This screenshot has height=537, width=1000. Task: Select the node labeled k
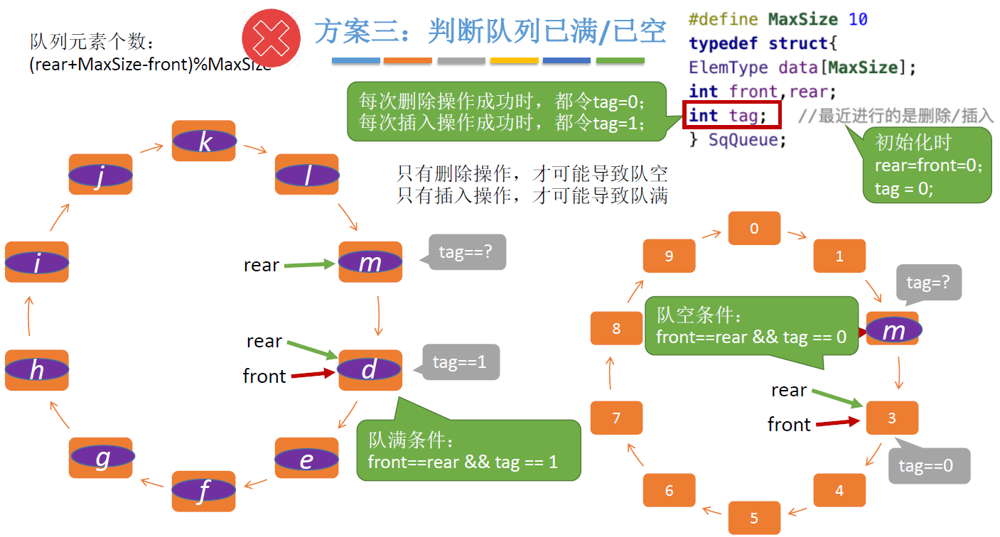[204, 141]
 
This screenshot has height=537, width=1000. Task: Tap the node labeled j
[100, 175]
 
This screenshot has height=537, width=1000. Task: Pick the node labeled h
[37, 370]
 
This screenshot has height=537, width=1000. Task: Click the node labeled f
[203, 491]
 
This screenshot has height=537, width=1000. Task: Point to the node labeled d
[370, 370]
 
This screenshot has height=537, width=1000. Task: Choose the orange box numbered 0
[754, 229]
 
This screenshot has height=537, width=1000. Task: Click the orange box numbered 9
[669, 256]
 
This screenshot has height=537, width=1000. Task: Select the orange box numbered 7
[616, 418]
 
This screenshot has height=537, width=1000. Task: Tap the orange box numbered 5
[754, 518]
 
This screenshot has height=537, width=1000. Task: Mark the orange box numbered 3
[892, 418]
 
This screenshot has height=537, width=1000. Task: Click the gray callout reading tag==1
[461, 362]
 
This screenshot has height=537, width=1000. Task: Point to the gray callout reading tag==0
[930, 466]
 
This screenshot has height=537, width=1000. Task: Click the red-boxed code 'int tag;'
[731, 115]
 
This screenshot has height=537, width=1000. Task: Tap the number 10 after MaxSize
[858, 19]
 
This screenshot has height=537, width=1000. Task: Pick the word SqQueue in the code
[747, 139]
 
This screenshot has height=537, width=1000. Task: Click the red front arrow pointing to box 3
[838, 423]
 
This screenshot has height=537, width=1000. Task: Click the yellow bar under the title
[514, 61]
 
